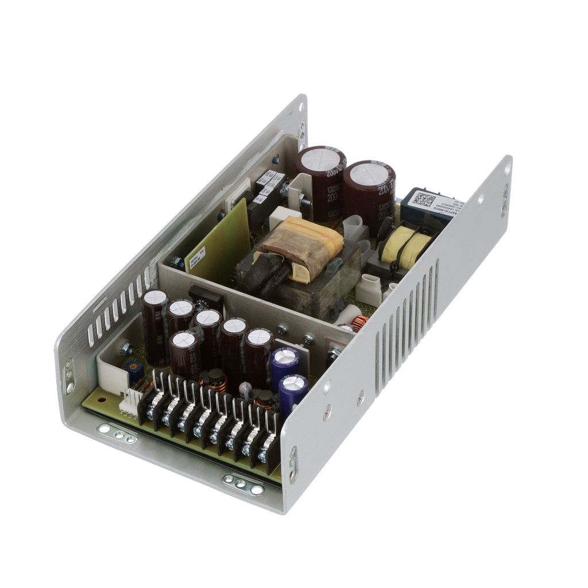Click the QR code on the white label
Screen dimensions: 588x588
(x=424, y=200)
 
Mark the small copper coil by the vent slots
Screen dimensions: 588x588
(x=360, y=323)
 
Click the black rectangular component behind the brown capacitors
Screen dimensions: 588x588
(x=206, y=298)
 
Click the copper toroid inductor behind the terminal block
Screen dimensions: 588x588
(x=215, y=380)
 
